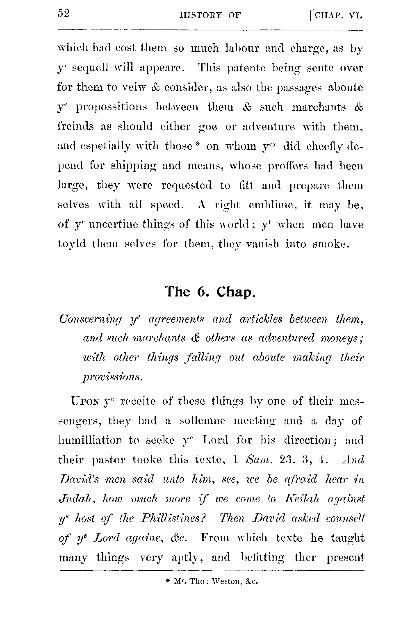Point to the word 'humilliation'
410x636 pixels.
pos(90,440)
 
